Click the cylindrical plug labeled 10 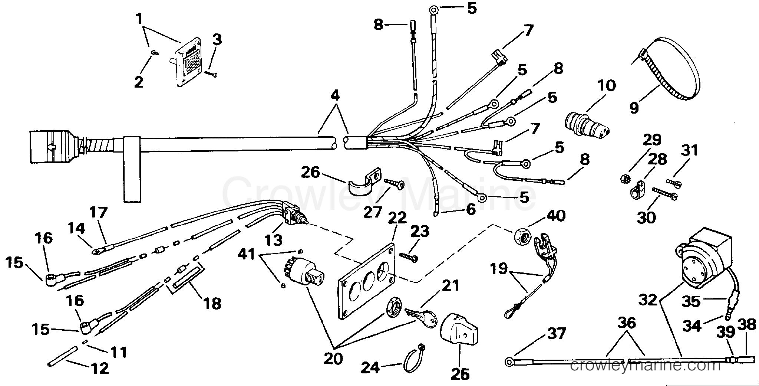586,124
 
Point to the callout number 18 212,303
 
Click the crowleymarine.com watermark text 645,366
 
